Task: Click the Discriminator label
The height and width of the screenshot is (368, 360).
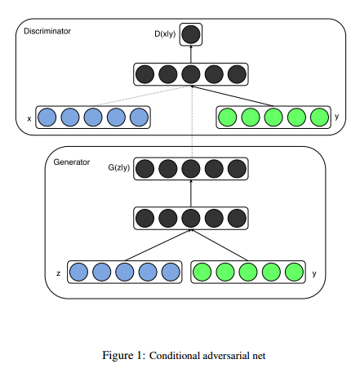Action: coord(47,31)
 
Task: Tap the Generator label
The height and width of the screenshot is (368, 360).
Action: coord(72,162)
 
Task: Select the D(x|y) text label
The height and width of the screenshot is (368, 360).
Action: coord(165,34)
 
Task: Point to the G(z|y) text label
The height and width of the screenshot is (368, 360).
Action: coord(119,167)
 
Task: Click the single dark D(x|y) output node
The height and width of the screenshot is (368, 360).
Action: coord(191,34)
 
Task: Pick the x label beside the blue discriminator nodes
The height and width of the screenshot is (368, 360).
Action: coord(29,118)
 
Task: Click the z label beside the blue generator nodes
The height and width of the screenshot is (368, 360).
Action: coord(58,273)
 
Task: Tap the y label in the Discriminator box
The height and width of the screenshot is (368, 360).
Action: coord(337,117)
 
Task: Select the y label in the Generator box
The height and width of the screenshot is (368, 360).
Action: coord(314,273)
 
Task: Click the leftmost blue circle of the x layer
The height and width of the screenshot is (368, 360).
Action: coord(47,117)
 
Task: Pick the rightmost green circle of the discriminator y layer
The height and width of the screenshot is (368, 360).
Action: coord(319,117)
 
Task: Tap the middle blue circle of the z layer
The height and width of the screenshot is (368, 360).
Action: coord(125,272)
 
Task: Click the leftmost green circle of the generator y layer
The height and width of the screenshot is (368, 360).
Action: coord(202,272)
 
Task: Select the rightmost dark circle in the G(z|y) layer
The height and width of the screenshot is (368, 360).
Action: coord(237,169)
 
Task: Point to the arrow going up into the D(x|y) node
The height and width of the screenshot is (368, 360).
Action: coord(191,54)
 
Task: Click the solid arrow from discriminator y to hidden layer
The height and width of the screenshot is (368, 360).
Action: coord(232,95)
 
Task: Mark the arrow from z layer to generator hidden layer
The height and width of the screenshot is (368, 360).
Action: coord(158,246)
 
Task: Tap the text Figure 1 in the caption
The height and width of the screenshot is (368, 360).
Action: coord(124,356)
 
